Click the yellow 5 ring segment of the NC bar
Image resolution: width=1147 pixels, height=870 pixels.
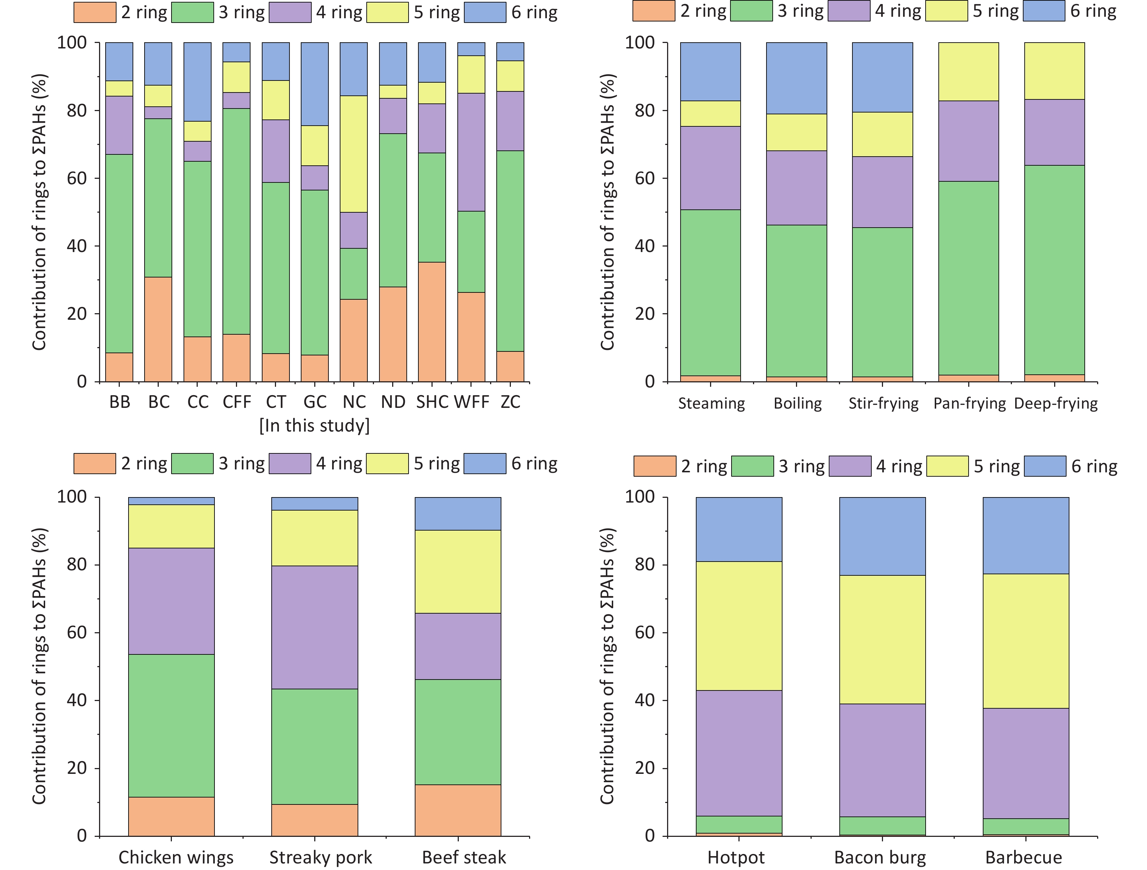click(354, 154)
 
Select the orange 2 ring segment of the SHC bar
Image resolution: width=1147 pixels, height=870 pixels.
click(431, 322)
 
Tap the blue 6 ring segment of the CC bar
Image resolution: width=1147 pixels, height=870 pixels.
click(198, 82)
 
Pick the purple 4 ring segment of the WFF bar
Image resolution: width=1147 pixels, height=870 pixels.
click(471, 152)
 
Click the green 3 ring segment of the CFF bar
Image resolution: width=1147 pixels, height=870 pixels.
click(236, 221)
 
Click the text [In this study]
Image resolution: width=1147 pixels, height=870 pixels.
click(315, 426)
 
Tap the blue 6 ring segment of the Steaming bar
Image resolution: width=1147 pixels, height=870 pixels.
click(710, 71)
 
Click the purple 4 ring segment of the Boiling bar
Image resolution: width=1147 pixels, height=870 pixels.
click(796, 188)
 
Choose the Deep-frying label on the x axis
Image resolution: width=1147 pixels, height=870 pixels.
click(1056, 403)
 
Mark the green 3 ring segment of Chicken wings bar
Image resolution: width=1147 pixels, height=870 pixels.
click(171, 725)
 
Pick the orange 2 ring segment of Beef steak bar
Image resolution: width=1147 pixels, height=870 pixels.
click(458, 810)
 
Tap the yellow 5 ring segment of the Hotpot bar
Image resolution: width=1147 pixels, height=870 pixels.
click(739, 626)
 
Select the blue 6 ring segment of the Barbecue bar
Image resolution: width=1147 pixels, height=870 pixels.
click(1026, 536)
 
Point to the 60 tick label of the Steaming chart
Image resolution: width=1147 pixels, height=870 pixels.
click(645, 178)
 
